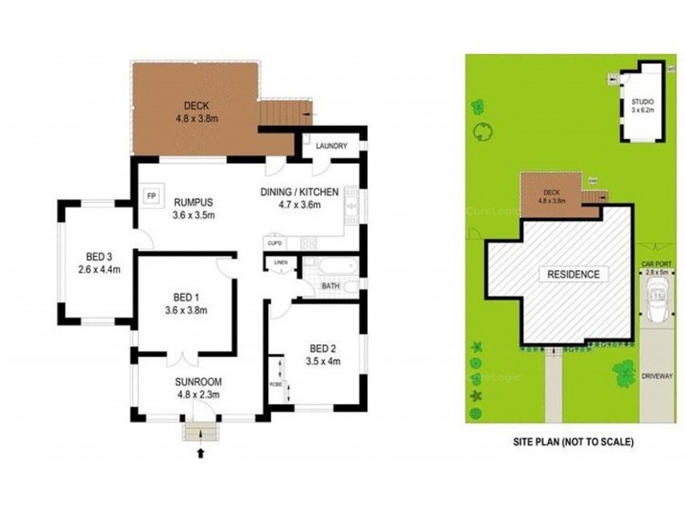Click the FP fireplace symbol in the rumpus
pyautogui.click(x=152, y=194)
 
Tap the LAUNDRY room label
pyautogui.click(x=331, y=146)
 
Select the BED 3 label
pyautogui.click(x=99, y=256)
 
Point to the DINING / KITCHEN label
pyautogui.click(x=299, y=192)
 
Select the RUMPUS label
pyautogui.click(x=192, y=202)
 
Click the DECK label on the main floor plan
pyautogui.click(x=196, y=106)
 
